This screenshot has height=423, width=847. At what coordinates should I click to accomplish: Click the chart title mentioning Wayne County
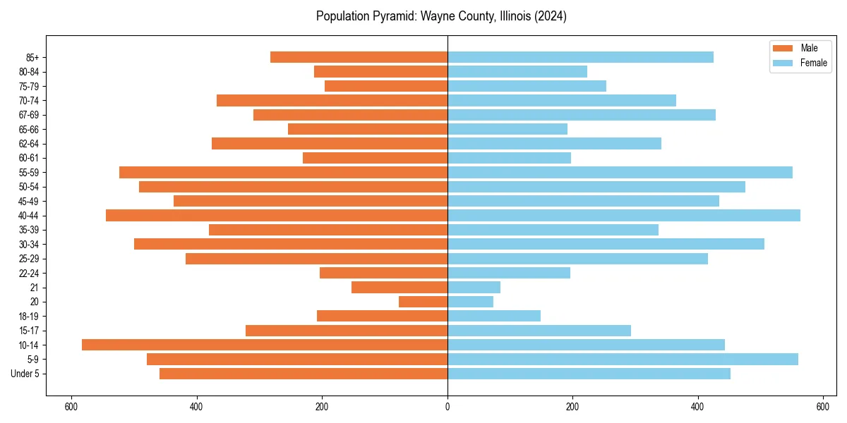(441, 16)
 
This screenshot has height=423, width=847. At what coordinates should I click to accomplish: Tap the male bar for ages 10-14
(265, 345)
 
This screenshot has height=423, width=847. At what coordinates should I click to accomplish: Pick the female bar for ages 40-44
(624, 215)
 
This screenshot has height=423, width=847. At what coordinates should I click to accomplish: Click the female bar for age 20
(470, 302)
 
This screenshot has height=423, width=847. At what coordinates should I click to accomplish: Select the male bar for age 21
(400, 287)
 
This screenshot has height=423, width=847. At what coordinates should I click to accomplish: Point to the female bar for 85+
(580, 57)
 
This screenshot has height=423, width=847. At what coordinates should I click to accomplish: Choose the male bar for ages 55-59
(283, 172)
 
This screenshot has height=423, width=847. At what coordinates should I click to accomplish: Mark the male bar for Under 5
(304, 374)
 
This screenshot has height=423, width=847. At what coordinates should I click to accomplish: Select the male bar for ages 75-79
(386, 86)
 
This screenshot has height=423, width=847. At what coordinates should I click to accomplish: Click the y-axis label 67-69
(29, 115)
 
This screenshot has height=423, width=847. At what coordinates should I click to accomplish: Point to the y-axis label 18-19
(29, 316)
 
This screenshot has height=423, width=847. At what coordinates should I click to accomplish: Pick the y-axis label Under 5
(25, 374)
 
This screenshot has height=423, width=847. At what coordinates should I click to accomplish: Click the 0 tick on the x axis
(447, 407)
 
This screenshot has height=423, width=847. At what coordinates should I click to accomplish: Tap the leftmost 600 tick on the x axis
(71, 407)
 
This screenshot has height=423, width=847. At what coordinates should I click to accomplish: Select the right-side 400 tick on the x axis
(697, 407)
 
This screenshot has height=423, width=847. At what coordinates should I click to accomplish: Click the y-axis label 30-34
(29, 244)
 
